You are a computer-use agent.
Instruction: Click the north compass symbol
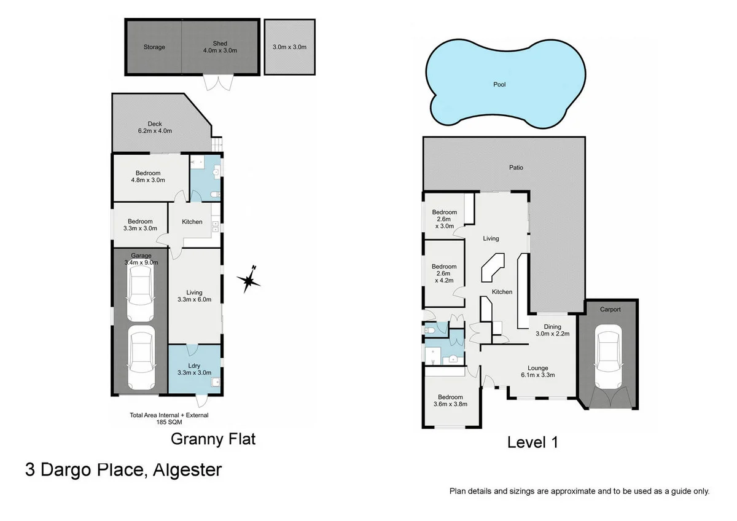tap(249, 281)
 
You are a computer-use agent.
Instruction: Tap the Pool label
tap(499, 85)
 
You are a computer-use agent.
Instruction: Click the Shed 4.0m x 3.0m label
tap(220, 47)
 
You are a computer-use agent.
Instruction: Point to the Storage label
tap(154, 47)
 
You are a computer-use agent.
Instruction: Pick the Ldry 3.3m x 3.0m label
tap(194, 369)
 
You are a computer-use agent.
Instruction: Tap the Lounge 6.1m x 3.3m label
tap(534, 371)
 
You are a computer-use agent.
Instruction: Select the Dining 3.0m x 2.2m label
tap(553, 331)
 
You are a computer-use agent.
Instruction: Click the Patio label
tap(516, 167)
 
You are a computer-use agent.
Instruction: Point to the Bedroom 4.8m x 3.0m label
tap(148, 176)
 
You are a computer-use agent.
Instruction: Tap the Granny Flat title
tap(213, 439)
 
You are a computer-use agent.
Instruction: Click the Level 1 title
tap(532, 442)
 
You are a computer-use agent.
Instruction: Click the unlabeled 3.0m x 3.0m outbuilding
tap(289, 47)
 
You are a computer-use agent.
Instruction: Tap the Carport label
tap(610, 310)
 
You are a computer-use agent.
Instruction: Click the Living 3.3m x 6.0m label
tap(194, 296)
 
